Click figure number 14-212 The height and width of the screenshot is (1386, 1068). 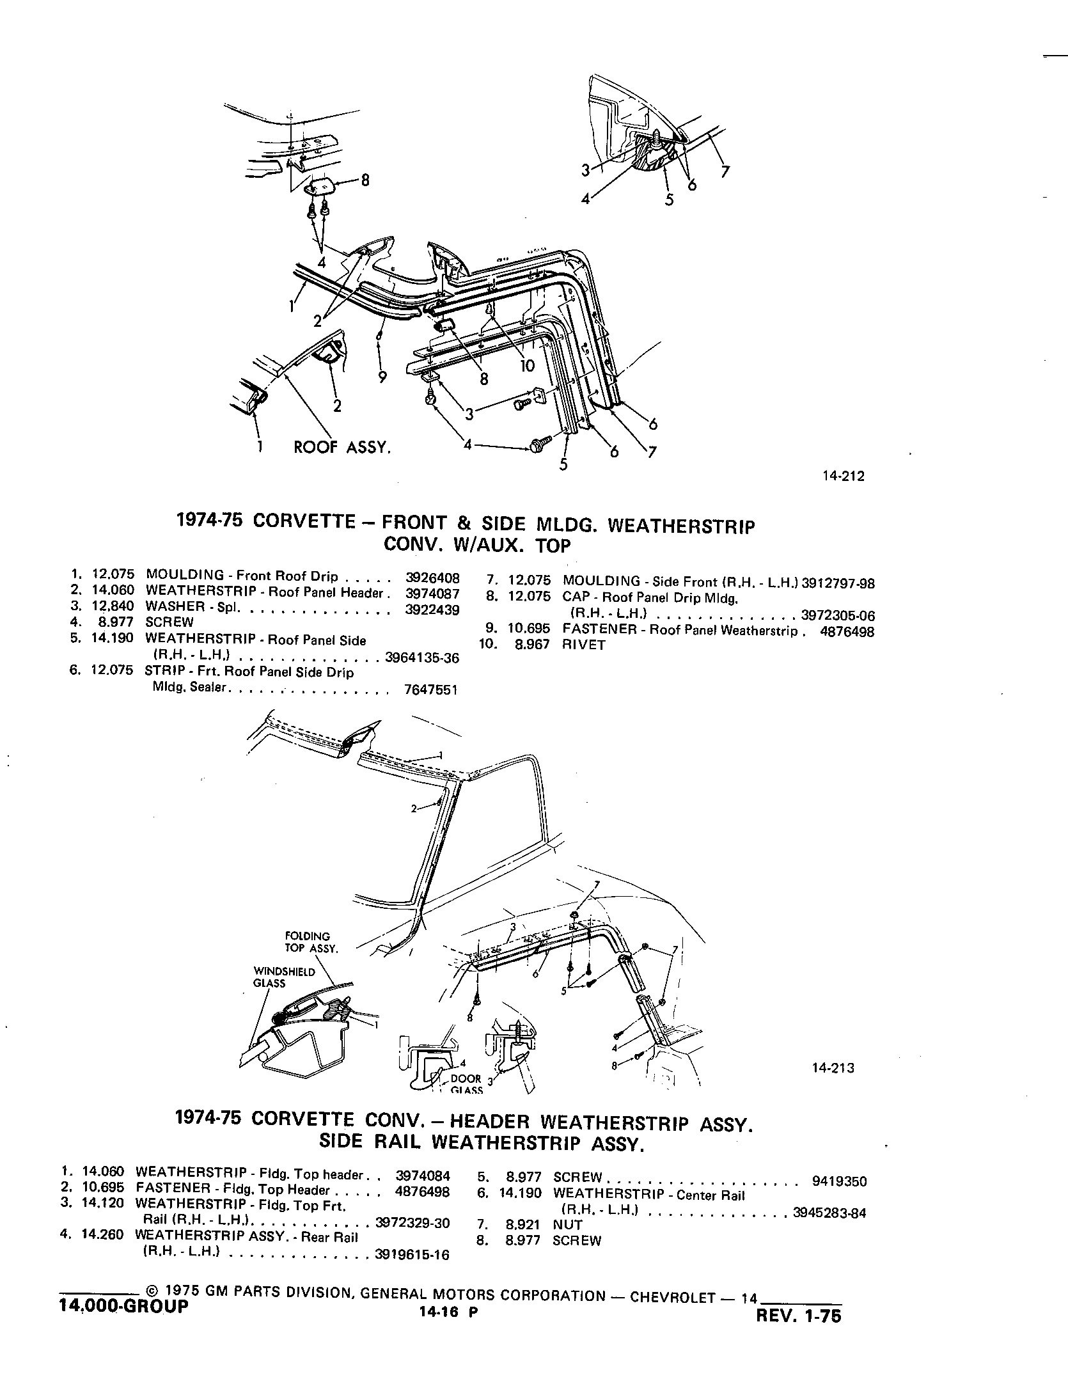click(845, 476)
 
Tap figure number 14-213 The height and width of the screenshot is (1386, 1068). click(833, 1067)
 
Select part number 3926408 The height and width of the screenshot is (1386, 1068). click(432, 576)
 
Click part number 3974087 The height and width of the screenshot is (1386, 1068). click(432, 593)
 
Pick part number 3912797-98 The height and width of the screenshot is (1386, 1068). click(838, 583)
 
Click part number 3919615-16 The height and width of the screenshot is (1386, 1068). click(412, 1256)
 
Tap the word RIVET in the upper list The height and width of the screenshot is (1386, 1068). click(583, 645)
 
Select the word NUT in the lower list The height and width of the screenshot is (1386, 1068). click(568, 1225)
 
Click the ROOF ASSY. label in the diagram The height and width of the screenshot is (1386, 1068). click(342, 448)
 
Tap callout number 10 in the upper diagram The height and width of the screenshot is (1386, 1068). click(527, 365)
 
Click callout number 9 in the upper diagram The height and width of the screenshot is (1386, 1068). click(382, 377)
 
